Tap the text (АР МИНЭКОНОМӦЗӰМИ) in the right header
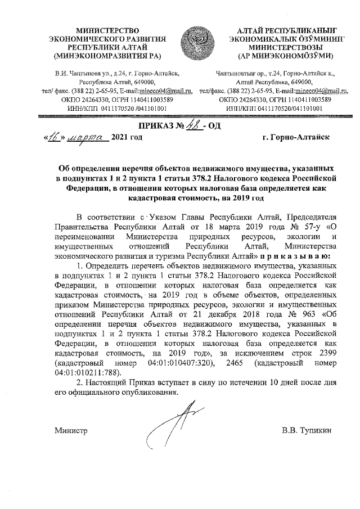coord(286,56)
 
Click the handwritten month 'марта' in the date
coord(87,137)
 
